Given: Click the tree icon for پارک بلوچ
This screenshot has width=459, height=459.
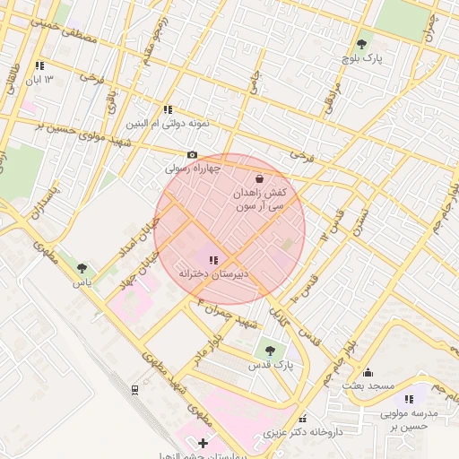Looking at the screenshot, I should [361, 44].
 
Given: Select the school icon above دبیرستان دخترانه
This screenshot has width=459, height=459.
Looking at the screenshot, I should [212, 260].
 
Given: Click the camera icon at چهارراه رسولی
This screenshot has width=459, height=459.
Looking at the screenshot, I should [192, 155].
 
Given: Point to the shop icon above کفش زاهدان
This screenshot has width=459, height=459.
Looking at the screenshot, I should [259, 178].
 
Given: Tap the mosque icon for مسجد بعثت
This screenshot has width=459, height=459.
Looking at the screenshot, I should [368, 372].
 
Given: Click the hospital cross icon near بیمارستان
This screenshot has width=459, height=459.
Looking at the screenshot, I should [204, 443].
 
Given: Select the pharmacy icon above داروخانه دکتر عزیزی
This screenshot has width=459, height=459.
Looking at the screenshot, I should [302, 419].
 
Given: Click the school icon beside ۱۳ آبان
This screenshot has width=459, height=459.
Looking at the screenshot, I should [39, 65].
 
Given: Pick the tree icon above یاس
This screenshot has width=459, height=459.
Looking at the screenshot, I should [82, 268].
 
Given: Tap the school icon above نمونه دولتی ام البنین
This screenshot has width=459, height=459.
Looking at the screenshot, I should [168, 109].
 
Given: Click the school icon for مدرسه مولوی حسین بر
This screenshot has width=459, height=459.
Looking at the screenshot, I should [410, 399].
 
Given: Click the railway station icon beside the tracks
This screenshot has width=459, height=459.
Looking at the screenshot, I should [134, 389].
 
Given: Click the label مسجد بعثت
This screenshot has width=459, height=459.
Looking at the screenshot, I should [368, 385].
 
